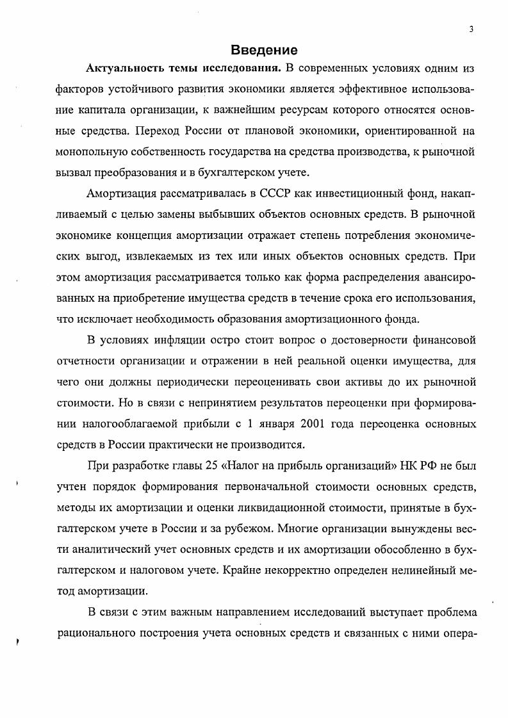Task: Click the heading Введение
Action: pos(264,50)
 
